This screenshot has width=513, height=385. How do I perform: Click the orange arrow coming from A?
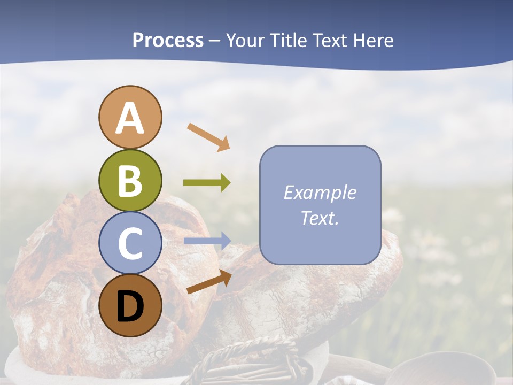click(x=209, y=136)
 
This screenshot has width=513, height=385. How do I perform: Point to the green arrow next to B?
click(x=207, y=183)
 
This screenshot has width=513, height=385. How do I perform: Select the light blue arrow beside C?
click(x=207, y=241)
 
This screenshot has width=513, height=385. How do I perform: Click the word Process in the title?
click(x=168, y=41)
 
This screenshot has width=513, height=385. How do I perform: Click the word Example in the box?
click(x=320, y=192)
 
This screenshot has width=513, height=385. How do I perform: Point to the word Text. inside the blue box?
click(x=320, y=218)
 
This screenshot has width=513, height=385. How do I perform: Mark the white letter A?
click(x=130, y=119)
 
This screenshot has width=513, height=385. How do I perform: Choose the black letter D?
click(x=130, y=307)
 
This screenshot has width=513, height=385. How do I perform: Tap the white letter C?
click(x=130, y=244)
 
